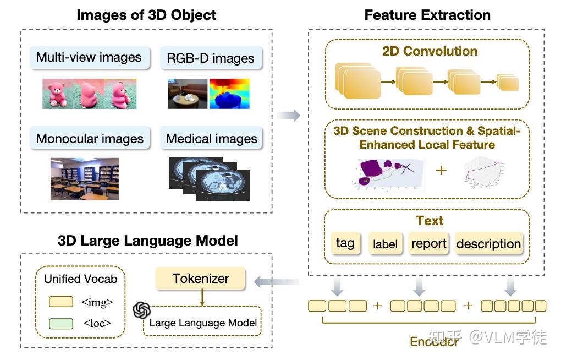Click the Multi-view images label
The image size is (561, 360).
tap(89, 57)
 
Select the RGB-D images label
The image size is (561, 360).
tap(211, 58)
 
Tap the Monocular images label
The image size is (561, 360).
tap(90, 138)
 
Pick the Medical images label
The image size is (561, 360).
tap(212, 139)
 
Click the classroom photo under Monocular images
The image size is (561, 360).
tap(84, 178)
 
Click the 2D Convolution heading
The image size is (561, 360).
tap(430, 51)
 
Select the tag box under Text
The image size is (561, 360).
tap(345, 243)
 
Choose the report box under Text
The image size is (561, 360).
tap(429, 243)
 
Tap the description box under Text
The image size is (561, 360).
tap(488, 244)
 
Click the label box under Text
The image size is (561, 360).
tap(385, 244)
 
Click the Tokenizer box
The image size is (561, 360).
tap(201, 279)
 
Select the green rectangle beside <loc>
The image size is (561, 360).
tap(61, 324)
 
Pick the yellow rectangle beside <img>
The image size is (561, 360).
tap(61, 302)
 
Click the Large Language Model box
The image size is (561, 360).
tap(203, 323)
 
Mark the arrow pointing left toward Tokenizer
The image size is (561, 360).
tap(276, 282)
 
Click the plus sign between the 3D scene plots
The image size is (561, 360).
tap(441, 170)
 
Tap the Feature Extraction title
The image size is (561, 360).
tap(427, 15)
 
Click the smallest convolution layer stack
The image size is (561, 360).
tap(508, 83)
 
